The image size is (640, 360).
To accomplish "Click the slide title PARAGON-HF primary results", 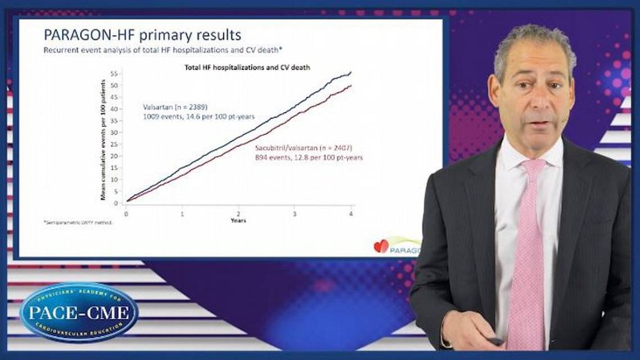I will (142, 35).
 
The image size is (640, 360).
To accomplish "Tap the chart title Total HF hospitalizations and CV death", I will (248, 67).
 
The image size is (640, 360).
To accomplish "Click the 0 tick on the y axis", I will (115, 203).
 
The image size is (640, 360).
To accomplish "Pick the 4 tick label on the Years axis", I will (351, 214).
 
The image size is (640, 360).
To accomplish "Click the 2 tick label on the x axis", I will (238, 214).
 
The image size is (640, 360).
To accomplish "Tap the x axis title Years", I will (238, 220).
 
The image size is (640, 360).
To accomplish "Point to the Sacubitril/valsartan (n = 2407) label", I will (304, 147).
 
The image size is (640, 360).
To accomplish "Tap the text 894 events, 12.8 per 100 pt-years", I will (309, 157).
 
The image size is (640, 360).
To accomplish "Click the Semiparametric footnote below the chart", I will (78, 223).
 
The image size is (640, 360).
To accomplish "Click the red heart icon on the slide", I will (381, 246).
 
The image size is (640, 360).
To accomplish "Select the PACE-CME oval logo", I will (78, 312).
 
